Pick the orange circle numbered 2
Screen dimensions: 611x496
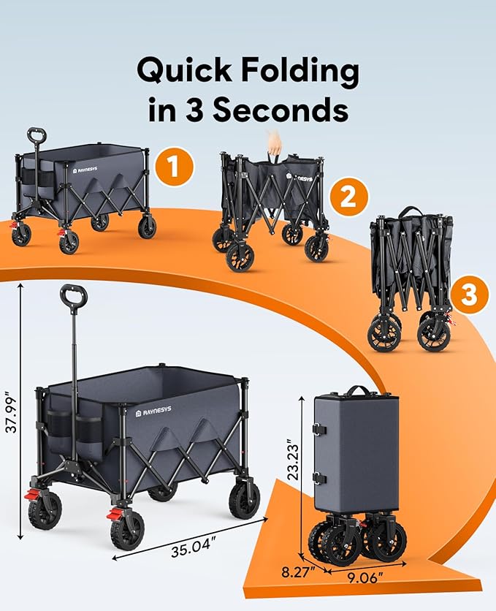[x=348, y=196]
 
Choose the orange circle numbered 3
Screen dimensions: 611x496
[x=469, y=295]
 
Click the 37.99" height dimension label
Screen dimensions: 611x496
[x=11, y=409]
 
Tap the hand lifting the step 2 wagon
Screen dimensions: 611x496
[x=274, y=140]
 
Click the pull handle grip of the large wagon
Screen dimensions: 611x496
[x=74, y=297]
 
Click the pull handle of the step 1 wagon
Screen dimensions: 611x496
[x=37, y=137]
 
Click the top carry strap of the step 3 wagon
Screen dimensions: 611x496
[x=408, y=213]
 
